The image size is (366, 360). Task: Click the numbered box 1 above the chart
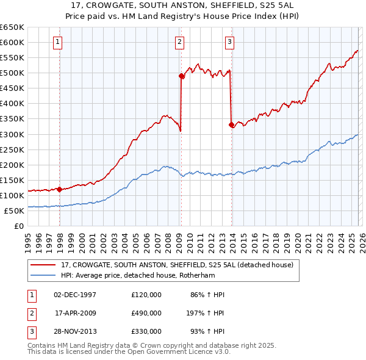(57, 42)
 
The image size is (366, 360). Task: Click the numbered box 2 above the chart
(180, 42)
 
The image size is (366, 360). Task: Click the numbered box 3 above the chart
(229, 42)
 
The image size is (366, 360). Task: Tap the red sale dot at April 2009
(181, 76)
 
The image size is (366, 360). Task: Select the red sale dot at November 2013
(231, 124)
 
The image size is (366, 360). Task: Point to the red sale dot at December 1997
(59, 189)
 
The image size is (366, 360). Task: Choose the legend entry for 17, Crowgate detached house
(177, 265)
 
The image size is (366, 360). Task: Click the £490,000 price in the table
(146, 312)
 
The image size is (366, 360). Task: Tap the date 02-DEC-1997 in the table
(75, 295)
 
